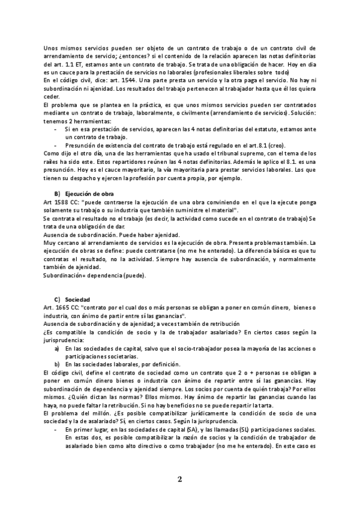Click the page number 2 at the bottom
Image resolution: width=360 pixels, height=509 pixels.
(179, 479)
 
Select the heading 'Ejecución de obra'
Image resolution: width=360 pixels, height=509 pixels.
(88, 195)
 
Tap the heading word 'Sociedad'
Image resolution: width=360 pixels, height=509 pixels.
(77, 298)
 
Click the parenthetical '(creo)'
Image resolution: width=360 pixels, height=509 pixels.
(276, 145)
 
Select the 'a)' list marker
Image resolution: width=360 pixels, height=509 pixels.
(57, 348)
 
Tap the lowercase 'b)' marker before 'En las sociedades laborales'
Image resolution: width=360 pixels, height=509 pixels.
(57, 364)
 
